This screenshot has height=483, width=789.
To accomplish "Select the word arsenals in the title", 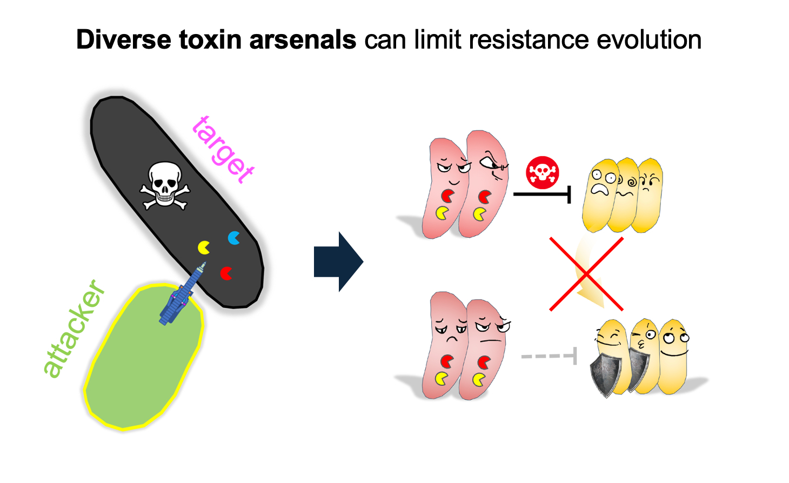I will (x=303, y=40).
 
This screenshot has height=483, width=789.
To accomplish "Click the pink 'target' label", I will (x=223, y=150).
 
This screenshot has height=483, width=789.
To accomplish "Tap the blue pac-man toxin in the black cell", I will (x=234, y=238).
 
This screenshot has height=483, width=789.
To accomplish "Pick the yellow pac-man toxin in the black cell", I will (x=204, y=247).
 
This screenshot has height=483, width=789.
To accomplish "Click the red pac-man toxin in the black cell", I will (x=226, y=273).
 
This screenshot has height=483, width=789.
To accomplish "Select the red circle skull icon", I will (x=542, y=173).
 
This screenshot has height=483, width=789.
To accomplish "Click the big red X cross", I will (x=586, y=274).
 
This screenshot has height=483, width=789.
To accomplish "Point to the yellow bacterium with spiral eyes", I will (x=625, y=194).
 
